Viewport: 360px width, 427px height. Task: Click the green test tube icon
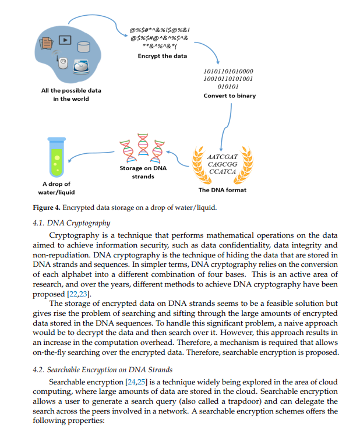(x=57, y=157)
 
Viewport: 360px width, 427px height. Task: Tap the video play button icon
(x=65, y=40)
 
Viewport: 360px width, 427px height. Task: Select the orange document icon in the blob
(x=46, y=43)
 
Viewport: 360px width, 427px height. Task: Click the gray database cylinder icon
(x=84, y=47)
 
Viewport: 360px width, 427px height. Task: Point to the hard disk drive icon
(x=81, y=67)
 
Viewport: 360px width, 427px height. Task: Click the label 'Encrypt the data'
(x=163, y=56)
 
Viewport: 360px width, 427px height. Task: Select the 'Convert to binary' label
(x=230, y=96)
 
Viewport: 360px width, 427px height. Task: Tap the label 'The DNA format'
(x=222, y=190)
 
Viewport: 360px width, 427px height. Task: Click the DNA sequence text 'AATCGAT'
(x=222, y=157)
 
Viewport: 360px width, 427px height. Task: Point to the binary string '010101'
(x=228, y=87)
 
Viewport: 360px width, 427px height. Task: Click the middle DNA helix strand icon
(x=143, y=144)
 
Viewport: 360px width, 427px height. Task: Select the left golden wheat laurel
(x=201, y=165)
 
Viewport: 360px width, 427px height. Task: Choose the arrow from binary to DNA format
(x=226, y=127)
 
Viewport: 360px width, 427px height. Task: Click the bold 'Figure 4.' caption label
(x=47, y=207)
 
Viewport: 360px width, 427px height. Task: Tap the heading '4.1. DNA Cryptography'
(x=71, y=223)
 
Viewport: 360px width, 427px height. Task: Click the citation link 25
(x=141, y=382)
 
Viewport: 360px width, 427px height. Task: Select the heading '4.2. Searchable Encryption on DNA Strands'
(x=103, y=370)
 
